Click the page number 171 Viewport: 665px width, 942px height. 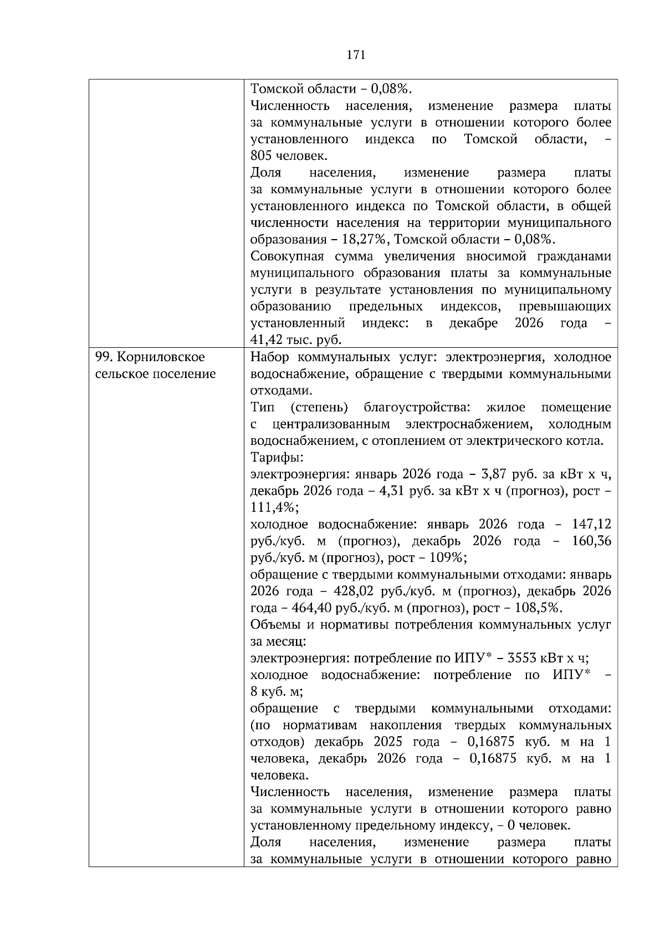(356, 54)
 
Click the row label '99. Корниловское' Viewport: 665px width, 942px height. (150, 357)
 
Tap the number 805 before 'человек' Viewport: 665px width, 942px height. (261, 156)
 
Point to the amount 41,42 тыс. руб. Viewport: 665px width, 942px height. (296, 340)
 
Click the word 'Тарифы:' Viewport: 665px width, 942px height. (277, 458)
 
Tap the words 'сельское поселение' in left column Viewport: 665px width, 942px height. (156, 374)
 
